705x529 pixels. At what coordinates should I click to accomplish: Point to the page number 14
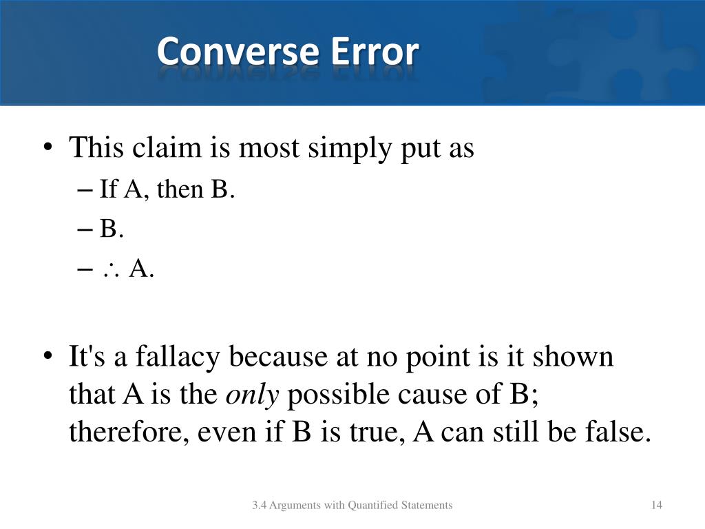pos(656,506)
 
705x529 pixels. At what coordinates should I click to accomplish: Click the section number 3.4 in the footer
pos(259,506)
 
